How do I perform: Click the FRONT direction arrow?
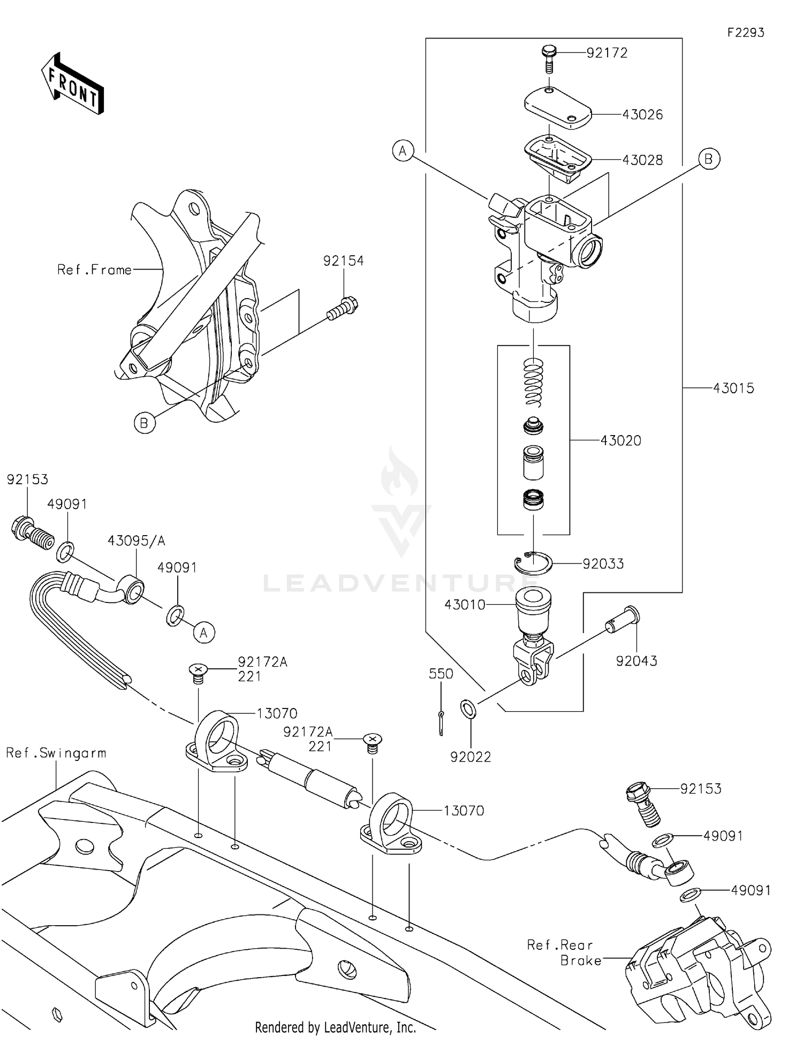(73, 85)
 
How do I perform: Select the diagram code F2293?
(745, 33)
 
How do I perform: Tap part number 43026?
(642, 115)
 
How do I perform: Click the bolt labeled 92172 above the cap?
(549, 59)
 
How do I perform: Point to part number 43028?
(642, 160)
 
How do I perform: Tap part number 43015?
(733, 388)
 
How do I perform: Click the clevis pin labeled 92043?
(624, 622)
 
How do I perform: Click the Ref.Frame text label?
(94, 270)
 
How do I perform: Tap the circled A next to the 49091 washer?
(204, 633)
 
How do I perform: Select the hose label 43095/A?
(136, 541)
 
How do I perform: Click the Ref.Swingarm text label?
(56, 753)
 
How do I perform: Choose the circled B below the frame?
(145, 423)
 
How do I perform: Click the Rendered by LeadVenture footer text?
(335, 1027)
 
